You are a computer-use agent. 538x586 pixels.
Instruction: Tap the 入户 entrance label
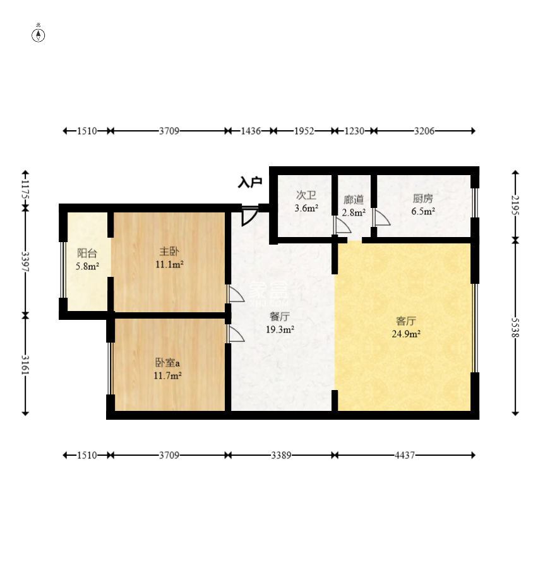[x=250, y=183]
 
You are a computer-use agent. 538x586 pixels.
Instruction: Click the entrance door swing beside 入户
[x=250, y=216]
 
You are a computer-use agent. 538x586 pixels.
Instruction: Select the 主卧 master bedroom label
[x=169, y=252]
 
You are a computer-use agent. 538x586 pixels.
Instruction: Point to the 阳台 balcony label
[x=87, y=253]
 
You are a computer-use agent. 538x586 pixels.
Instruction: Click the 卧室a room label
[x=167, y=362]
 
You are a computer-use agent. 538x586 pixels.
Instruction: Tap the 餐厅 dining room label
[x=280, y=317]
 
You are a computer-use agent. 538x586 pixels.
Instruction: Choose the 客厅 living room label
[x=406, y=321]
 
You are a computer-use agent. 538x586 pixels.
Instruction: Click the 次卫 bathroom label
[x=306, y=195]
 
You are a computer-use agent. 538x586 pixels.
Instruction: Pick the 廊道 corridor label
[x=354, y=200]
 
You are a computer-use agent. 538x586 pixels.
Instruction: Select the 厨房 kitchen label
[x=423, y=198]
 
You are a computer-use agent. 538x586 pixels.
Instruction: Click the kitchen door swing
[x=381, y=218]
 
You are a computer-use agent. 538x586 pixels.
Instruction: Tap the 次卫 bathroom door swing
[x=342, y=225]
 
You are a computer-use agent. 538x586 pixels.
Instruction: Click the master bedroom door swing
[x=236, y=294]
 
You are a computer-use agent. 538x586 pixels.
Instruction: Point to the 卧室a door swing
[x=236, y=333]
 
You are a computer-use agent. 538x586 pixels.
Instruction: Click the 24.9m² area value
[x=406, y=334]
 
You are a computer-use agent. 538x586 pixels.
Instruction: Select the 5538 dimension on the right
[x=515, y=327]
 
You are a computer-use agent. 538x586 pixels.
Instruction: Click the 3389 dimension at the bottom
[x=281, y=455]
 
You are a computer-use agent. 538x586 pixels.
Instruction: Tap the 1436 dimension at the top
[x=251, y=131]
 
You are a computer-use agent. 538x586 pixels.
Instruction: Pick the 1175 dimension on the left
[x=25, y=190]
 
